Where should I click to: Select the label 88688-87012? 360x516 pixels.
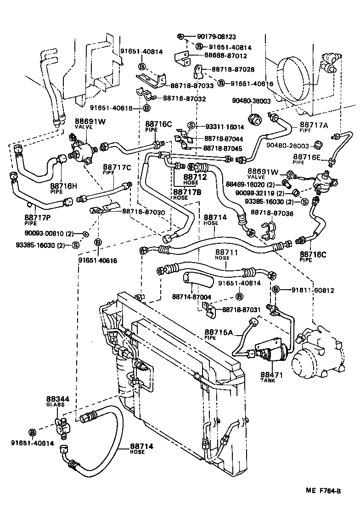[x=225, y=56]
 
